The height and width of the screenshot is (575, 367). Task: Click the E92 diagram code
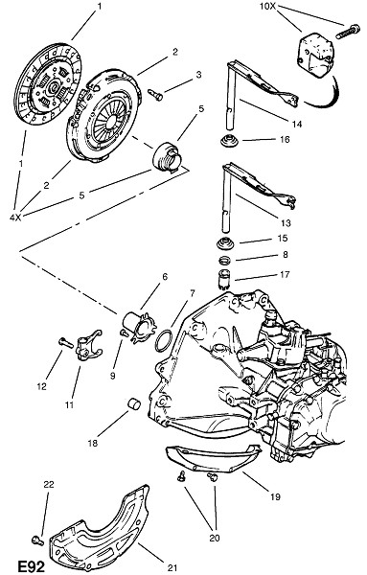(32, 566)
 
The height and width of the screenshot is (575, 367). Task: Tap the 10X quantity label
(267, 7)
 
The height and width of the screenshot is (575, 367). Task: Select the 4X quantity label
(15, 218)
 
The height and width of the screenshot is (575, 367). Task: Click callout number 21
(172, 567)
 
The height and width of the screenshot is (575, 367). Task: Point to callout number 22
(49, 484)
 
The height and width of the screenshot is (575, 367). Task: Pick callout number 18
(93, 443)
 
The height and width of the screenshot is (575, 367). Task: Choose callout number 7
(192, 293)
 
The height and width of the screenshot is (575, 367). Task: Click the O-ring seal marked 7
(164, 340)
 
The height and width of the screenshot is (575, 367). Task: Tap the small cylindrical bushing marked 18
(134, 403)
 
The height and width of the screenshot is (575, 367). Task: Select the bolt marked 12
(65, 342)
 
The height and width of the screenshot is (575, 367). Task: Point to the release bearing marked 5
(166, 158)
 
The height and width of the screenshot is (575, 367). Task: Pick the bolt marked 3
(155, 95)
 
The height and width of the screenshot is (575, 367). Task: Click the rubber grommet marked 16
(229, 142)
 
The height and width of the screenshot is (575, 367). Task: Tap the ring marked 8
(225, 261)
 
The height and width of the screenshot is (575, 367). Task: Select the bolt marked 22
(37, 540)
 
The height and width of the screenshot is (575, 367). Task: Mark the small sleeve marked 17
(223, 280)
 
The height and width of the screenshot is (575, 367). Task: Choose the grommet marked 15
(223, 243)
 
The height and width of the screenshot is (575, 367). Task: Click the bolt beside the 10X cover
(348, 32)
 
